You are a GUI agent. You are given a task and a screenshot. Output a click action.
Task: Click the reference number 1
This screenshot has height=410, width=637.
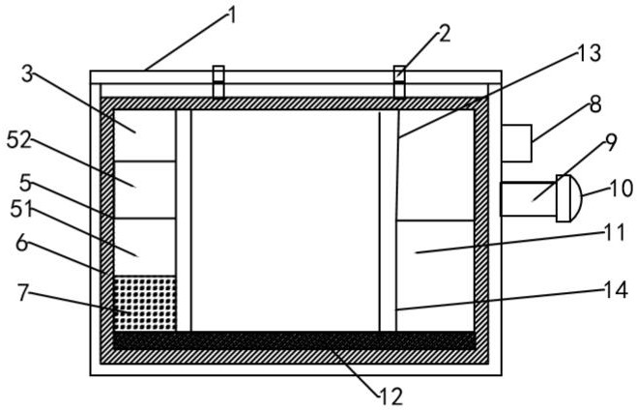232,16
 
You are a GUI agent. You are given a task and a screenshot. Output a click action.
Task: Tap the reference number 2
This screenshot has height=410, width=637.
445,34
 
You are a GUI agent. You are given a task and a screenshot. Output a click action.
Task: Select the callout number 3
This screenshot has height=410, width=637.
27,74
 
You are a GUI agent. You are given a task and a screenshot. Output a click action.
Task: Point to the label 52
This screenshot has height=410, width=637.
19,140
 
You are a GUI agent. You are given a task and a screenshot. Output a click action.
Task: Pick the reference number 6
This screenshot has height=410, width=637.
22,244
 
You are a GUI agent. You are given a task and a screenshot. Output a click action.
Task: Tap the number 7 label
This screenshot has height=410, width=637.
23,293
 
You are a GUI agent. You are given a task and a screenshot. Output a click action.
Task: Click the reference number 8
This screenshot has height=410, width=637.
595,104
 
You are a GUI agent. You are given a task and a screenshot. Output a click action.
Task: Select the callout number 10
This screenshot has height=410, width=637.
622,189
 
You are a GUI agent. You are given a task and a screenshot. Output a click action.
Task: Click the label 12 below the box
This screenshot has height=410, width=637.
391,396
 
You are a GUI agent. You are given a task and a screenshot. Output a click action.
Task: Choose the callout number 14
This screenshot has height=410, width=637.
617,290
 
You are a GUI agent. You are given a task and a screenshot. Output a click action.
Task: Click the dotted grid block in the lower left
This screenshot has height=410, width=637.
145,304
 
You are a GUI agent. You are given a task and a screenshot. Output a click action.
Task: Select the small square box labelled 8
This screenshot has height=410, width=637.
516,143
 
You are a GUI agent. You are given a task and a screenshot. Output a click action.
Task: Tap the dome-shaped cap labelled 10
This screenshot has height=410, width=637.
569,198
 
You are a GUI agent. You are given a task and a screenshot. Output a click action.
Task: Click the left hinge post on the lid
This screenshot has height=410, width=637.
218,81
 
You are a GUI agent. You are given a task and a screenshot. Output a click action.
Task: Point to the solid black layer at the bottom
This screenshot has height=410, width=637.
294,340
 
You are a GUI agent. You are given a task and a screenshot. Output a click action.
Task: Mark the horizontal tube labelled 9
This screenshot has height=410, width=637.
528,199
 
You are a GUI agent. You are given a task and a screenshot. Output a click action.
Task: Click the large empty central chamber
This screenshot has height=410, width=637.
285,220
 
